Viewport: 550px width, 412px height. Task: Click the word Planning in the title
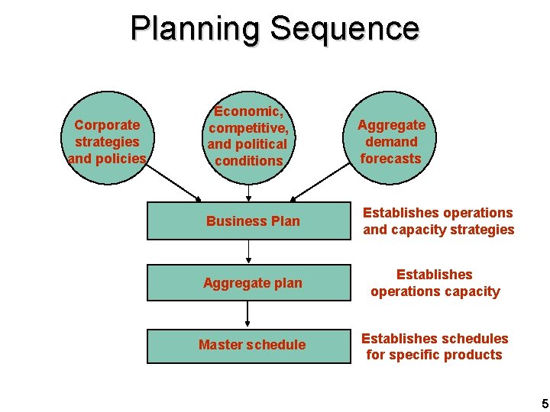tap(196, 29)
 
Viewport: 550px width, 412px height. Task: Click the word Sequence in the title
tap(344, 29)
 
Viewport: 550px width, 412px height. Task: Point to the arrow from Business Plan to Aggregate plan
tap(247, 252)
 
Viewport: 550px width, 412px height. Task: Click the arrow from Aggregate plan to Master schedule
tap(247, 314)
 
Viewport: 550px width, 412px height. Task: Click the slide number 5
tap(544, 403)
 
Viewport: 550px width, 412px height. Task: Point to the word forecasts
tap(391, 159)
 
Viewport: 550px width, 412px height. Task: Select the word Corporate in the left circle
tap(107, 125)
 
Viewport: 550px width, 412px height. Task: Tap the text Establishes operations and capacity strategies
tap(438, 221)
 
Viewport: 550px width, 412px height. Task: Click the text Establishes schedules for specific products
tap(434, 346)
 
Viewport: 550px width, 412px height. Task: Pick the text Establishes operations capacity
tap(435, 283)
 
